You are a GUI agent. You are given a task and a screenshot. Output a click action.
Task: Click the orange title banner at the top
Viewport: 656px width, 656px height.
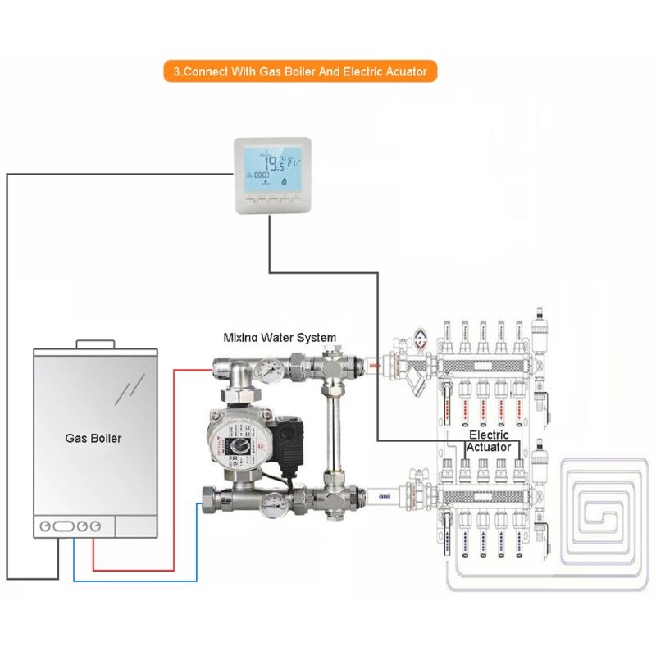(x=300, y=71)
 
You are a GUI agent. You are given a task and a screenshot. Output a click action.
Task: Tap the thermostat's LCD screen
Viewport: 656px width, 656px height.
(x=272, y=167)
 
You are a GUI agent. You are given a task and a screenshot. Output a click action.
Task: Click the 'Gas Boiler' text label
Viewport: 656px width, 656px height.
(x=93, y=439)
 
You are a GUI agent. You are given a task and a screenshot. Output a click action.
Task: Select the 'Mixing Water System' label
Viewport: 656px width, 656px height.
(x=280, y=337)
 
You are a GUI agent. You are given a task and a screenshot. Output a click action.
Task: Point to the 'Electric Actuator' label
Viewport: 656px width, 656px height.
(x=489, y=441)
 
